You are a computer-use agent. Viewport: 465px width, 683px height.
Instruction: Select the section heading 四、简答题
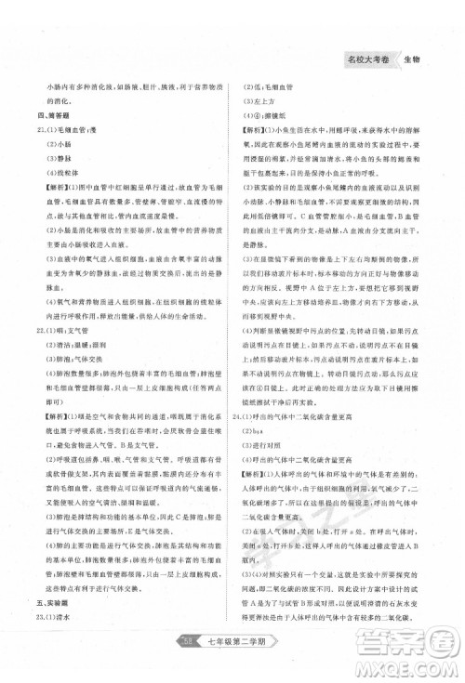click(51, 116)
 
